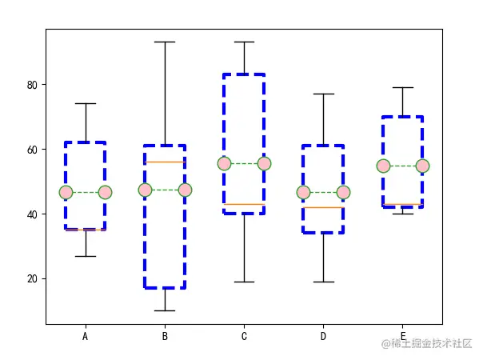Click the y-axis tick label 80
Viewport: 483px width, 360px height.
pos(32,85)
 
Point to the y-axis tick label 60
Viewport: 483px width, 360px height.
pos(32,150)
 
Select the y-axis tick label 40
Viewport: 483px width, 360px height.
pos(32,214)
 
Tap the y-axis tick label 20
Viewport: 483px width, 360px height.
pos(32,279)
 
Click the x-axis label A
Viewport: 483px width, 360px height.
pos(86,336)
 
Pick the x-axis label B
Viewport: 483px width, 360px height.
pos(165,336)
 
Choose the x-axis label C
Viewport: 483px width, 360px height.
pos(244,336)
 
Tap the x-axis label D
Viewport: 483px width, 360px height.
pos(323,336)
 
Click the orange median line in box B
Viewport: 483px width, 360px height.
pos(165,162)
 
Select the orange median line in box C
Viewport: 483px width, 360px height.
pos(244,204)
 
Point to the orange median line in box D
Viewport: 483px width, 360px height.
pos(323,207)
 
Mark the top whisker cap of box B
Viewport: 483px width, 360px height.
pos(165,42)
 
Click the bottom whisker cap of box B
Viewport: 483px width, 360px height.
pos(165,310)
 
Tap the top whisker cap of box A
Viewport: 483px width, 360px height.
pos(86,103)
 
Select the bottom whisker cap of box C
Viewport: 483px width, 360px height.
pos(244,282)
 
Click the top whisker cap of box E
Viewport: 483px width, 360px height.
pos(402,87)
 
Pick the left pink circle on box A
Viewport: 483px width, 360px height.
pos(66,193)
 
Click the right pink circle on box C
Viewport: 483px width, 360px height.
pos(265,164)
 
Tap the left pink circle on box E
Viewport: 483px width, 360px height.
pos(383,166)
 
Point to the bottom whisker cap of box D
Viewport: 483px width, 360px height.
pos(324,282)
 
